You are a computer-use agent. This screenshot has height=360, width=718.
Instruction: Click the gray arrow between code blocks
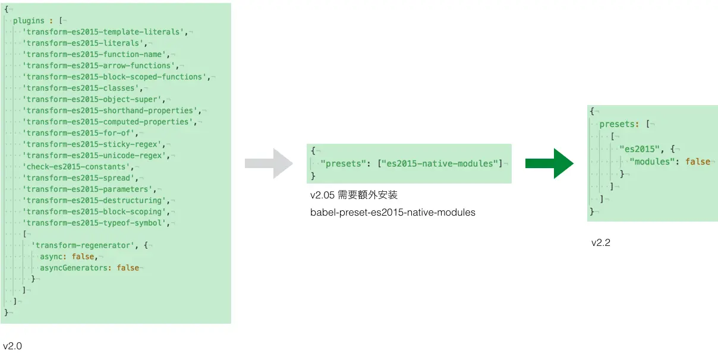(269, 163)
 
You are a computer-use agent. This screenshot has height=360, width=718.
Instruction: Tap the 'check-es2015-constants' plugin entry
(77, 167)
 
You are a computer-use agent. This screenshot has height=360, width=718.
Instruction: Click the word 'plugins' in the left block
(29, 20)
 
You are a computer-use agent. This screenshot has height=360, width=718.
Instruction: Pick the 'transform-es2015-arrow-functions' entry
(100, 65)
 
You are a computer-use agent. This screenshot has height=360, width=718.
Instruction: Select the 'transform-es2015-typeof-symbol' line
(97, 223)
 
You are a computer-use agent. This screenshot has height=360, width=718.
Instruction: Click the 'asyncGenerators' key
(76, 268)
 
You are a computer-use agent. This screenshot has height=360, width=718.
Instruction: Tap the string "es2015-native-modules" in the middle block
(440, 163)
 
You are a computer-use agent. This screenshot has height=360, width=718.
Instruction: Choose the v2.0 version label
(12, 346)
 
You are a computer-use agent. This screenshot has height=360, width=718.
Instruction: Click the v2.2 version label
(601, 242)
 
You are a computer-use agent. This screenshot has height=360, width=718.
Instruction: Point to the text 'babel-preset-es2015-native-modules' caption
(392, 212)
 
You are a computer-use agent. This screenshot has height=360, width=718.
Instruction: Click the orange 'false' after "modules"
(697, 162)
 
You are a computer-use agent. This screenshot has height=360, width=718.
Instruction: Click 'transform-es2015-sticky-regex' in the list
(93, 144)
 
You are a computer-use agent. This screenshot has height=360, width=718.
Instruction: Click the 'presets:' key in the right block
(619, 125)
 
